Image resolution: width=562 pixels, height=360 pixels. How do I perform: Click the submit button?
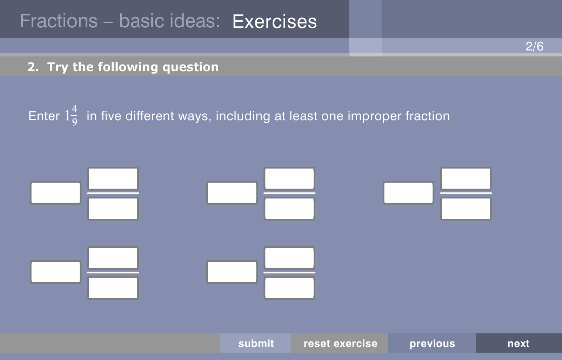click(x=255, y=343)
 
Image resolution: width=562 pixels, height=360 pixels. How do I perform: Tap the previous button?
click(x=432, y=343)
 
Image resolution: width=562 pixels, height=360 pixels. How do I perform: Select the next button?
click(x=518, y=343)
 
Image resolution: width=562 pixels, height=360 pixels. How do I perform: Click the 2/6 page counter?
click(x=534, y=46)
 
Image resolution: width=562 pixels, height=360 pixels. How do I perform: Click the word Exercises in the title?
click(x=274, y=22)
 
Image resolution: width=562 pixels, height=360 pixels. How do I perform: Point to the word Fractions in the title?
click(x=59, y=21)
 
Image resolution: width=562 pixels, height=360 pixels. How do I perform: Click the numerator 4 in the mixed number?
click(x=74, y=109)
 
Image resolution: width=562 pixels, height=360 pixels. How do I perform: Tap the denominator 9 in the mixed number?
click(x=74, y=122)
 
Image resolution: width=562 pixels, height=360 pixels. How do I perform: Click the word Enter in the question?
click(x=44, y=116)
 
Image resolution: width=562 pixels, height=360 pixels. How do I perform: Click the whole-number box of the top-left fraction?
click(x=55, y=192)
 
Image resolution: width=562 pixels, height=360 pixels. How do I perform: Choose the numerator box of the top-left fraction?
click(x=113, y=178)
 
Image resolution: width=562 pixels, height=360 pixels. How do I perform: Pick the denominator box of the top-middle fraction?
click(x=289, y=209)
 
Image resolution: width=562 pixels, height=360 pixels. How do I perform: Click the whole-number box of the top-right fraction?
click(x=408, y=192)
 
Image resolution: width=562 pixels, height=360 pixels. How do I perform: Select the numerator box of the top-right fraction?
click(x=466, y=178)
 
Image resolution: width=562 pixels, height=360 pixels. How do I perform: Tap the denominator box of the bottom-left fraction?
click(x=113, y=288)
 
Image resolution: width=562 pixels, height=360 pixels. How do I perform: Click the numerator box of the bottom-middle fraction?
click(x=289, y=258)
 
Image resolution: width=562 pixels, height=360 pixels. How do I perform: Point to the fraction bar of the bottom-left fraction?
click(x=113, y=272)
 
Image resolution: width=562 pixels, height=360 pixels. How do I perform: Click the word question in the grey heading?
click(x=190, y=67)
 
